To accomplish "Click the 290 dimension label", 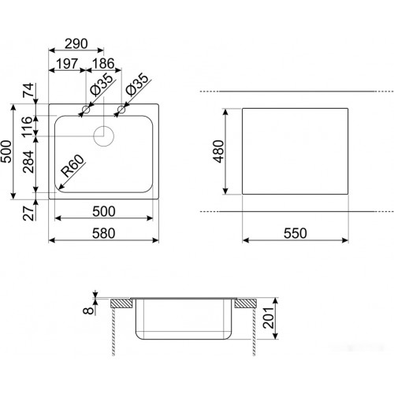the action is coord(76,44).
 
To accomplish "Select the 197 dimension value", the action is coord(67,64).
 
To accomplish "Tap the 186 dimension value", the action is coord(103,64).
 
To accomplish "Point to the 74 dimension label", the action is coord(28,90).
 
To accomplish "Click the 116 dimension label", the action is coord(28,127).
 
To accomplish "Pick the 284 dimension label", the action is coord(28,162).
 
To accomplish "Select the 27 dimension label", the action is coord(28,213).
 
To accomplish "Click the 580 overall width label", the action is coord(104,233).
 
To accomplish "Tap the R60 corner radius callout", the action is coord(72,166).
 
